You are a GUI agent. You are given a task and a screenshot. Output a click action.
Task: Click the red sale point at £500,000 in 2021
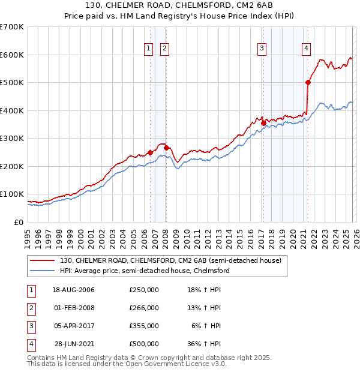pyautogui.click(x=308, y=83)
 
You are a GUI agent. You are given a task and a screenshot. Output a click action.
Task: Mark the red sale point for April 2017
pyautogui.click(x=263, y=123)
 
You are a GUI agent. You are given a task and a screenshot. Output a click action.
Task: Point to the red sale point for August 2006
pyautogui.click(x=150, y=152)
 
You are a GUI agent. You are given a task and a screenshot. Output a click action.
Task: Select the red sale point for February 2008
pyautogui.click(x=166, y=148)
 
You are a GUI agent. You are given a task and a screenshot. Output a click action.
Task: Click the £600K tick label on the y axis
pyautogui.click(x=12, y=55)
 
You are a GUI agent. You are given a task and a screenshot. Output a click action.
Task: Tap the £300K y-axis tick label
pyautogui.click(x=12, y=139)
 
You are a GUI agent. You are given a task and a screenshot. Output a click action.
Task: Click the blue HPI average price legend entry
pyautogui.click(x=144, y=271)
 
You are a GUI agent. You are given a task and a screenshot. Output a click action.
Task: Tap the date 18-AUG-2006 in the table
pyautogui.click(x=73, y=290)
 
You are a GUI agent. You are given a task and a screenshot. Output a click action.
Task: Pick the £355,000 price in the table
pyautogui.click(x=144, y=326)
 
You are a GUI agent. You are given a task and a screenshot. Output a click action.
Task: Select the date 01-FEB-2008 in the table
pyautogui.click(x=73, y=308)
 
